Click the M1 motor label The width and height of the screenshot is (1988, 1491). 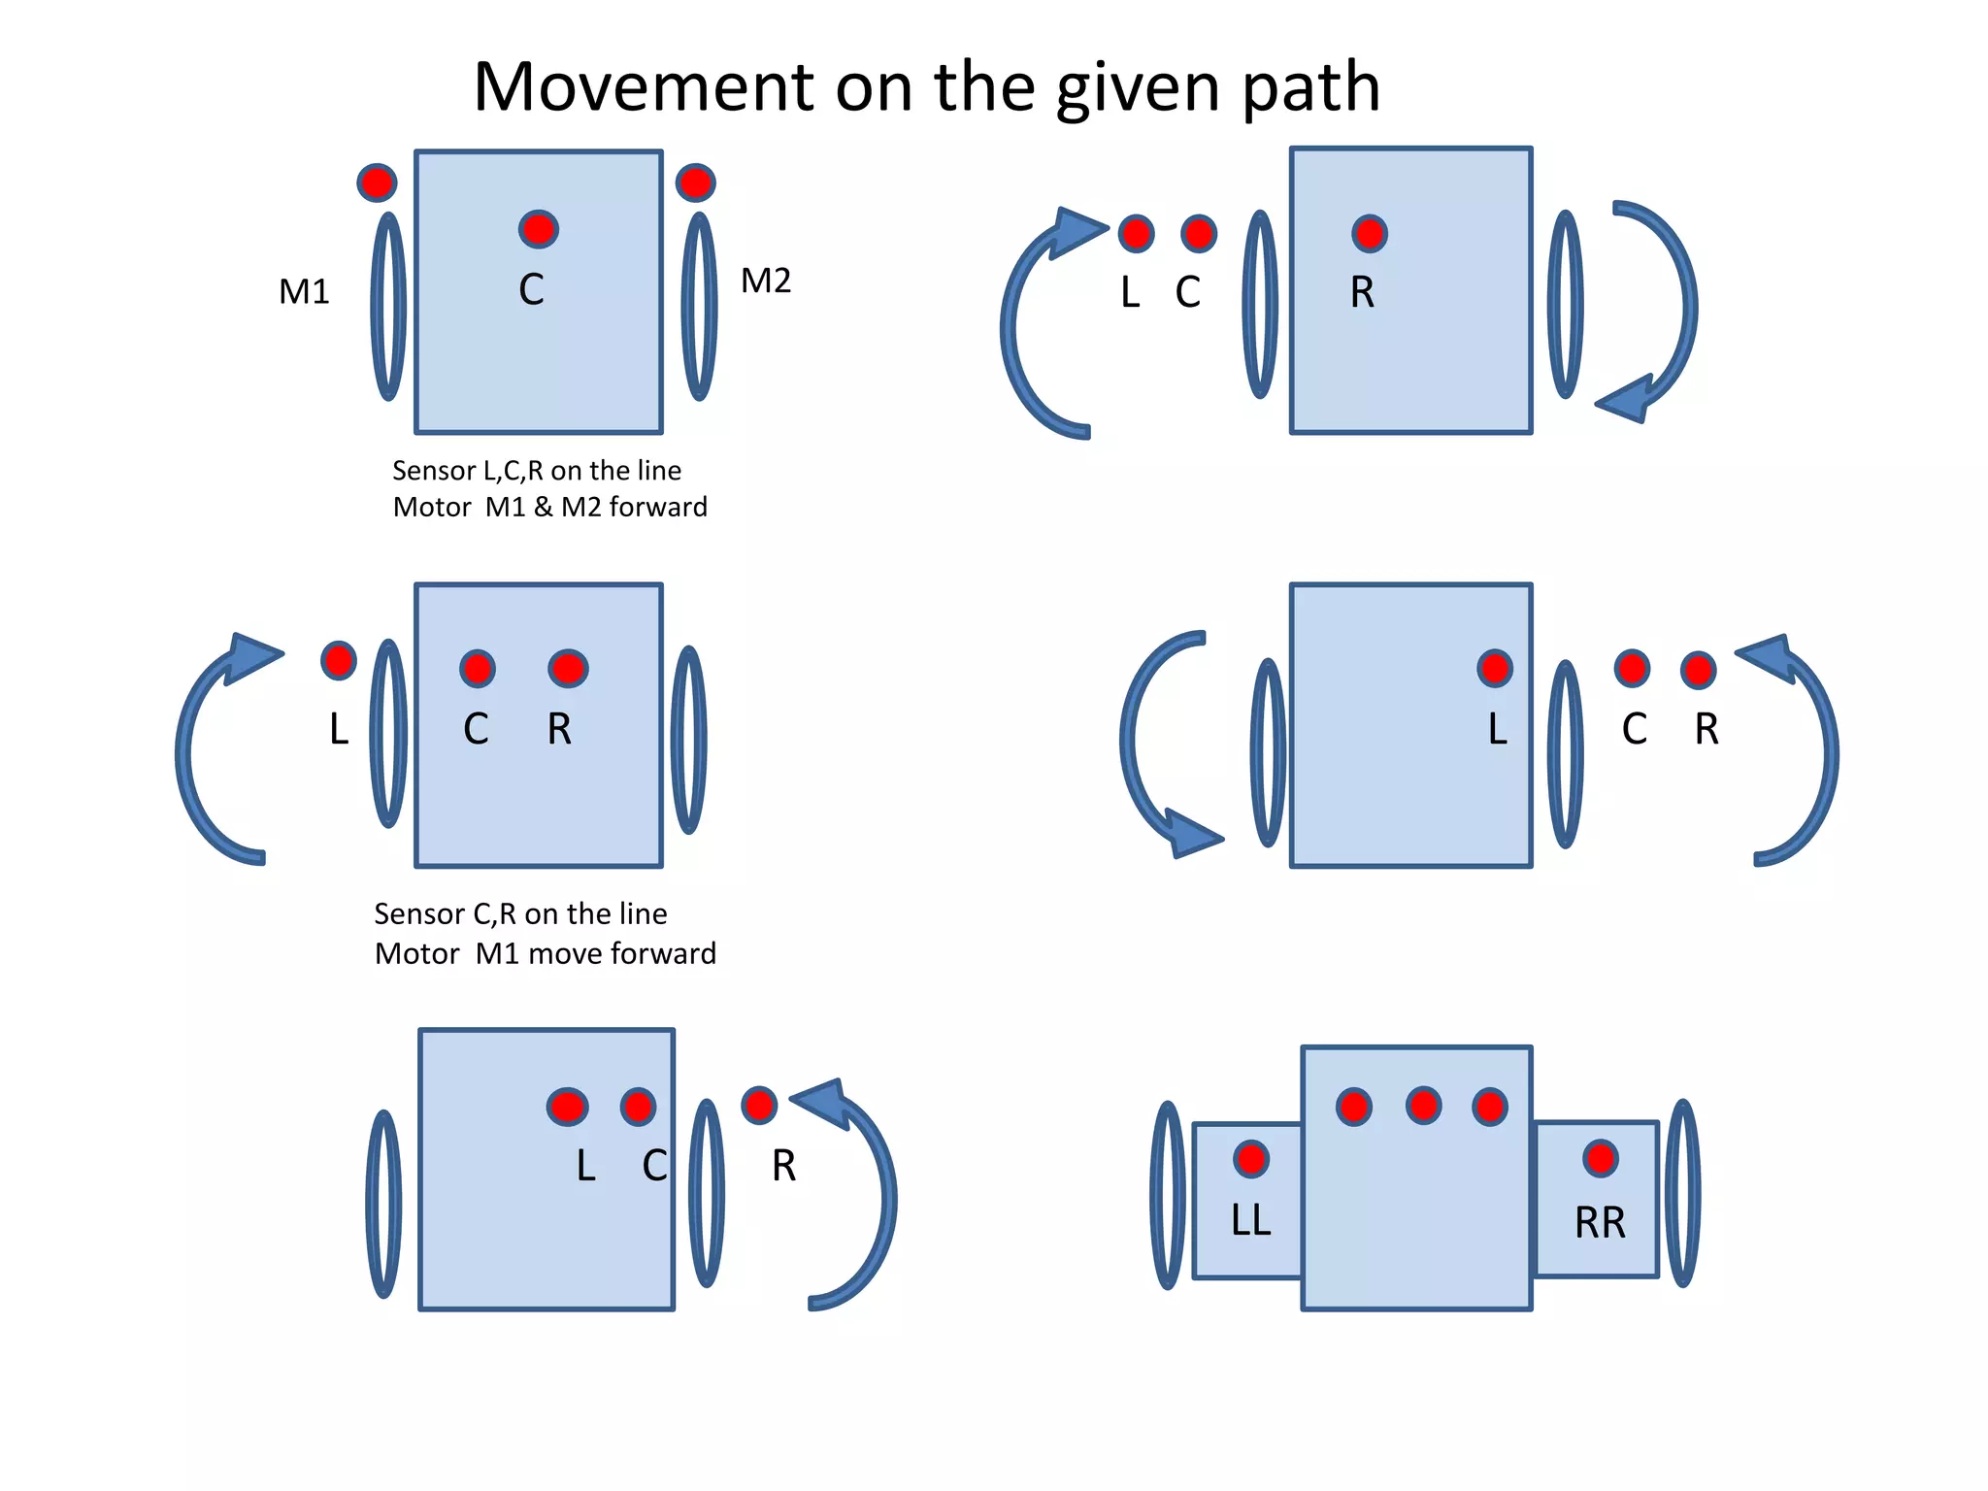[304, 291]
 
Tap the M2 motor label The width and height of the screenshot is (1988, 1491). [766, 281]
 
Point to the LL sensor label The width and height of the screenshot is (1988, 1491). [1250, 1220]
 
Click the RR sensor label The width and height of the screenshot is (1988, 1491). [1600, 1223]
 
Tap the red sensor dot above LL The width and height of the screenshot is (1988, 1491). [1251, 1158]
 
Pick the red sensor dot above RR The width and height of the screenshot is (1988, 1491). [1600, 1157]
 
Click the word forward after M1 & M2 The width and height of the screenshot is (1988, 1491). [658, 507]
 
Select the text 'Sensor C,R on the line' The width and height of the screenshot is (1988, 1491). [520, 913]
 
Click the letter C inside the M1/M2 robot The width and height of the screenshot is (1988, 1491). [531, 289]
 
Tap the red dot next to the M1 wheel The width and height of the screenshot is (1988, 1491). [377, 182]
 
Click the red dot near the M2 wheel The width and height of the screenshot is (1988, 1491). [695, 182]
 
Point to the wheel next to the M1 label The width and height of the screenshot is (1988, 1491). [388, 306]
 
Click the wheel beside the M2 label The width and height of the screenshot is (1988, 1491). [699, 306]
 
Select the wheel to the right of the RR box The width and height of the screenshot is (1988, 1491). [1682, 1193]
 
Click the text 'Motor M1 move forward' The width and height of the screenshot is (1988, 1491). [545, 953]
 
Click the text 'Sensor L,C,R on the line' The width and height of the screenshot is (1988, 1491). [537, 471]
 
